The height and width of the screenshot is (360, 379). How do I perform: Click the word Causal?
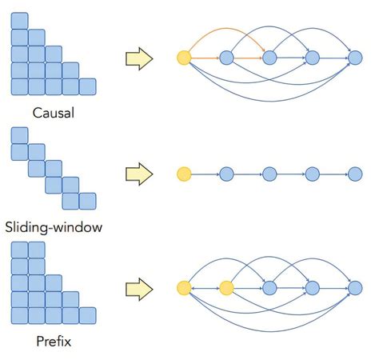click(x=54, y=112)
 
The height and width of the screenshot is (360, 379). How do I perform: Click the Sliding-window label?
click(x=54, y=227)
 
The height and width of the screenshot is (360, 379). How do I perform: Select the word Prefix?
click(x=54, y=342)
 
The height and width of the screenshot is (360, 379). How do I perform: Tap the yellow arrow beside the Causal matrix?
click(x=139, y=58)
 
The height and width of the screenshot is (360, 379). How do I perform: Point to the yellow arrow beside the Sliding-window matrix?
click(x=139, y=174)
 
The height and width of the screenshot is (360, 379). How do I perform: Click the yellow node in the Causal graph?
click(x=184, y=58)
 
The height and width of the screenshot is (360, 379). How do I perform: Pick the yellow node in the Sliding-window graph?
click(x=184, y=173)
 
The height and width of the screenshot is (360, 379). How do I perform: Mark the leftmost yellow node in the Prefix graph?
click(x=184, y=287)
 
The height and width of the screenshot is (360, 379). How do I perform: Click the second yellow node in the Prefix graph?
click(x=226, y=287)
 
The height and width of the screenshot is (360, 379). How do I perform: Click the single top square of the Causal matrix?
click(x=19, y=21)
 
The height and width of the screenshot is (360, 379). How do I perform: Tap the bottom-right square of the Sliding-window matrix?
click(x=88, y=201)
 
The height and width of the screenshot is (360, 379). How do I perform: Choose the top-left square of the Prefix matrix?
click(x=19, y=250)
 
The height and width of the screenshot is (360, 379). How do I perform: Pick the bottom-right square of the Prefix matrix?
click(x=88, y=315)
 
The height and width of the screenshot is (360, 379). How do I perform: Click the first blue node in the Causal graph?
click(x=226, y=58)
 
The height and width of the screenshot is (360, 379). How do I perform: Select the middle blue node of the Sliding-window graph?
click(x=269, y=173)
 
